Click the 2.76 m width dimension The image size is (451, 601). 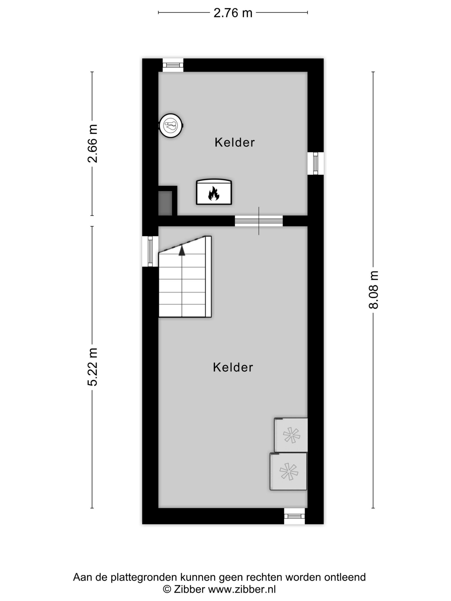click(233, 13)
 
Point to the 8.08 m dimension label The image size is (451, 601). click(373, 290)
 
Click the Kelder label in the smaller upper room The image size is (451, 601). click(235, 142)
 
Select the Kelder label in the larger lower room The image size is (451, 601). click(233, 367)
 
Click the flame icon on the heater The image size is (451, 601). click(214, 193)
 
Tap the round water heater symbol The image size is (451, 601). click(171, 126)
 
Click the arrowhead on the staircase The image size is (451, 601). click(182, 250)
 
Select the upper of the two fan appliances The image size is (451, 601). click(291, 435)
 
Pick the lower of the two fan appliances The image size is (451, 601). click(288, 471)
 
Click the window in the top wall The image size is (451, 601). click(173, 65)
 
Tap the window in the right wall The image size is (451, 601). click(316, 163)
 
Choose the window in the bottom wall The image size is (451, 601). click(294, 516)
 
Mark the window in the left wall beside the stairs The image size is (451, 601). click(150, 251)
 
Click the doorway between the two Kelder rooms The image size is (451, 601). click(259, 221)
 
